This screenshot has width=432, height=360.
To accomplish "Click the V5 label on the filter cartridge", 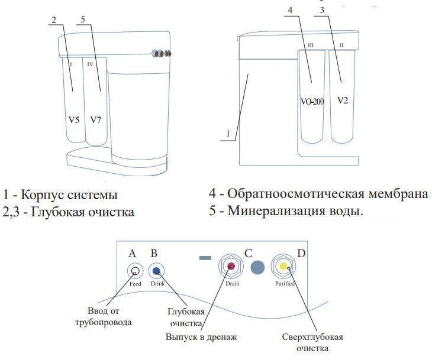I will [x=73, y=120].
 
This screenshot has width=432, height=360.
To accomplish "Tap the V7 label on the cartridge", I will [x=96, y=120].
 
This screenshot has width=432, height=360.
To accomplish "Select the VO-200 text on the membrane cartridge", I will [x=312, y=102].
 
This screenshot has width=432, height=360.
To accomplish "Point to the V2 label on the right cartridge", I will [x=343, y=100].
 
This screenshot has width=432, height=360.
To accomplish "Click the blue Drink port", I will [x=157, y=271].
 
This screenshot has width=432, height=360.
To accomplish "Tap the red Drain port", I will [x=231, y=267].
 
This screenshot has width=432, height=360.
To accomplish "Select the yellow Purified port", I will [x=283, y=266].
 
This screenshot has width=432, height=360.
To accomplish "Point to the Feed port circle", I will [x=136, y=271].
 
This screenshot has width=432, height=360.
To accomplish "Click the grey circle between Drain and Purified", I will [x=257, y=267].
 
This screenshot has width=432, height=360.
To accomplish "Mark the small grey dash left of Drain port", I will [x=205, y=258].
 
